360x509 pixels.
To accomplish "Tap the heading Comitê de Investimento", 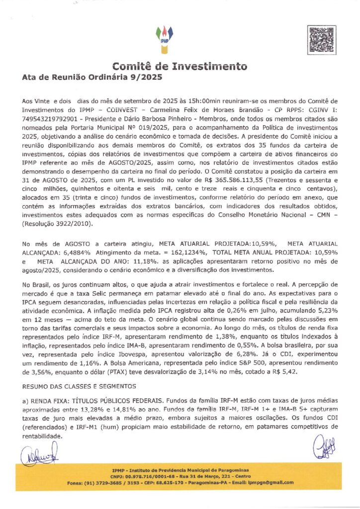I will [x=180, y=66].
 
